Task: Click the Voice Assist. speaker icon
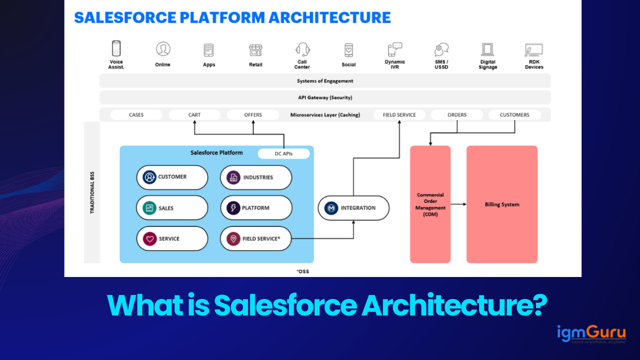[x=116, y=49]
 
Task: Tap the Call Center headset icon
[x=302, y=49]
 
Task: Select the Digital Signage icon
[x=487, y=49]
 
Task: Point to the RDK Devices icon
[x=533, y=50]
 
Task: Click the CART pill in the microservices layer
[x=194, y=115]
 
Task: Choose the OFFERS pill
[x=253, y=115]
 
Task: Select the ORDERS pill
[x=457, y=115]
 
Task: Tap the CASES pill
[x=136, y=115]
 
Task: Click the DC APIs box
[x=283, y=153]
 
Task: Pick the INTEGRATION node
[x=353, y=208]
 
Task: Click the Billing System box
[x=502, y=204]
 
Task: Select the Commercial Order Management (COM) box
[x=430, y=204]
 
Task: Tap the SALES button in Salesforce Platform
[x=172, y=208]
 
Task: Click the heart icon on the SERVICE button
[x=149, y=239]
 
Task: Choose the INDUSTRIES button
[x=256, y=177]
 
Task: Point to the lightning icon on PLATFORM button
[x=233, y=208]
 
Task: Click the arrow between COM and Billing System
[x=458, y=204]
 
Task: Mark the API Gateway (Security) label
[x=325, y=97]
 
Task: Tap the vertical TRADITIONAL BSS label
[x=92, y=192]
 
